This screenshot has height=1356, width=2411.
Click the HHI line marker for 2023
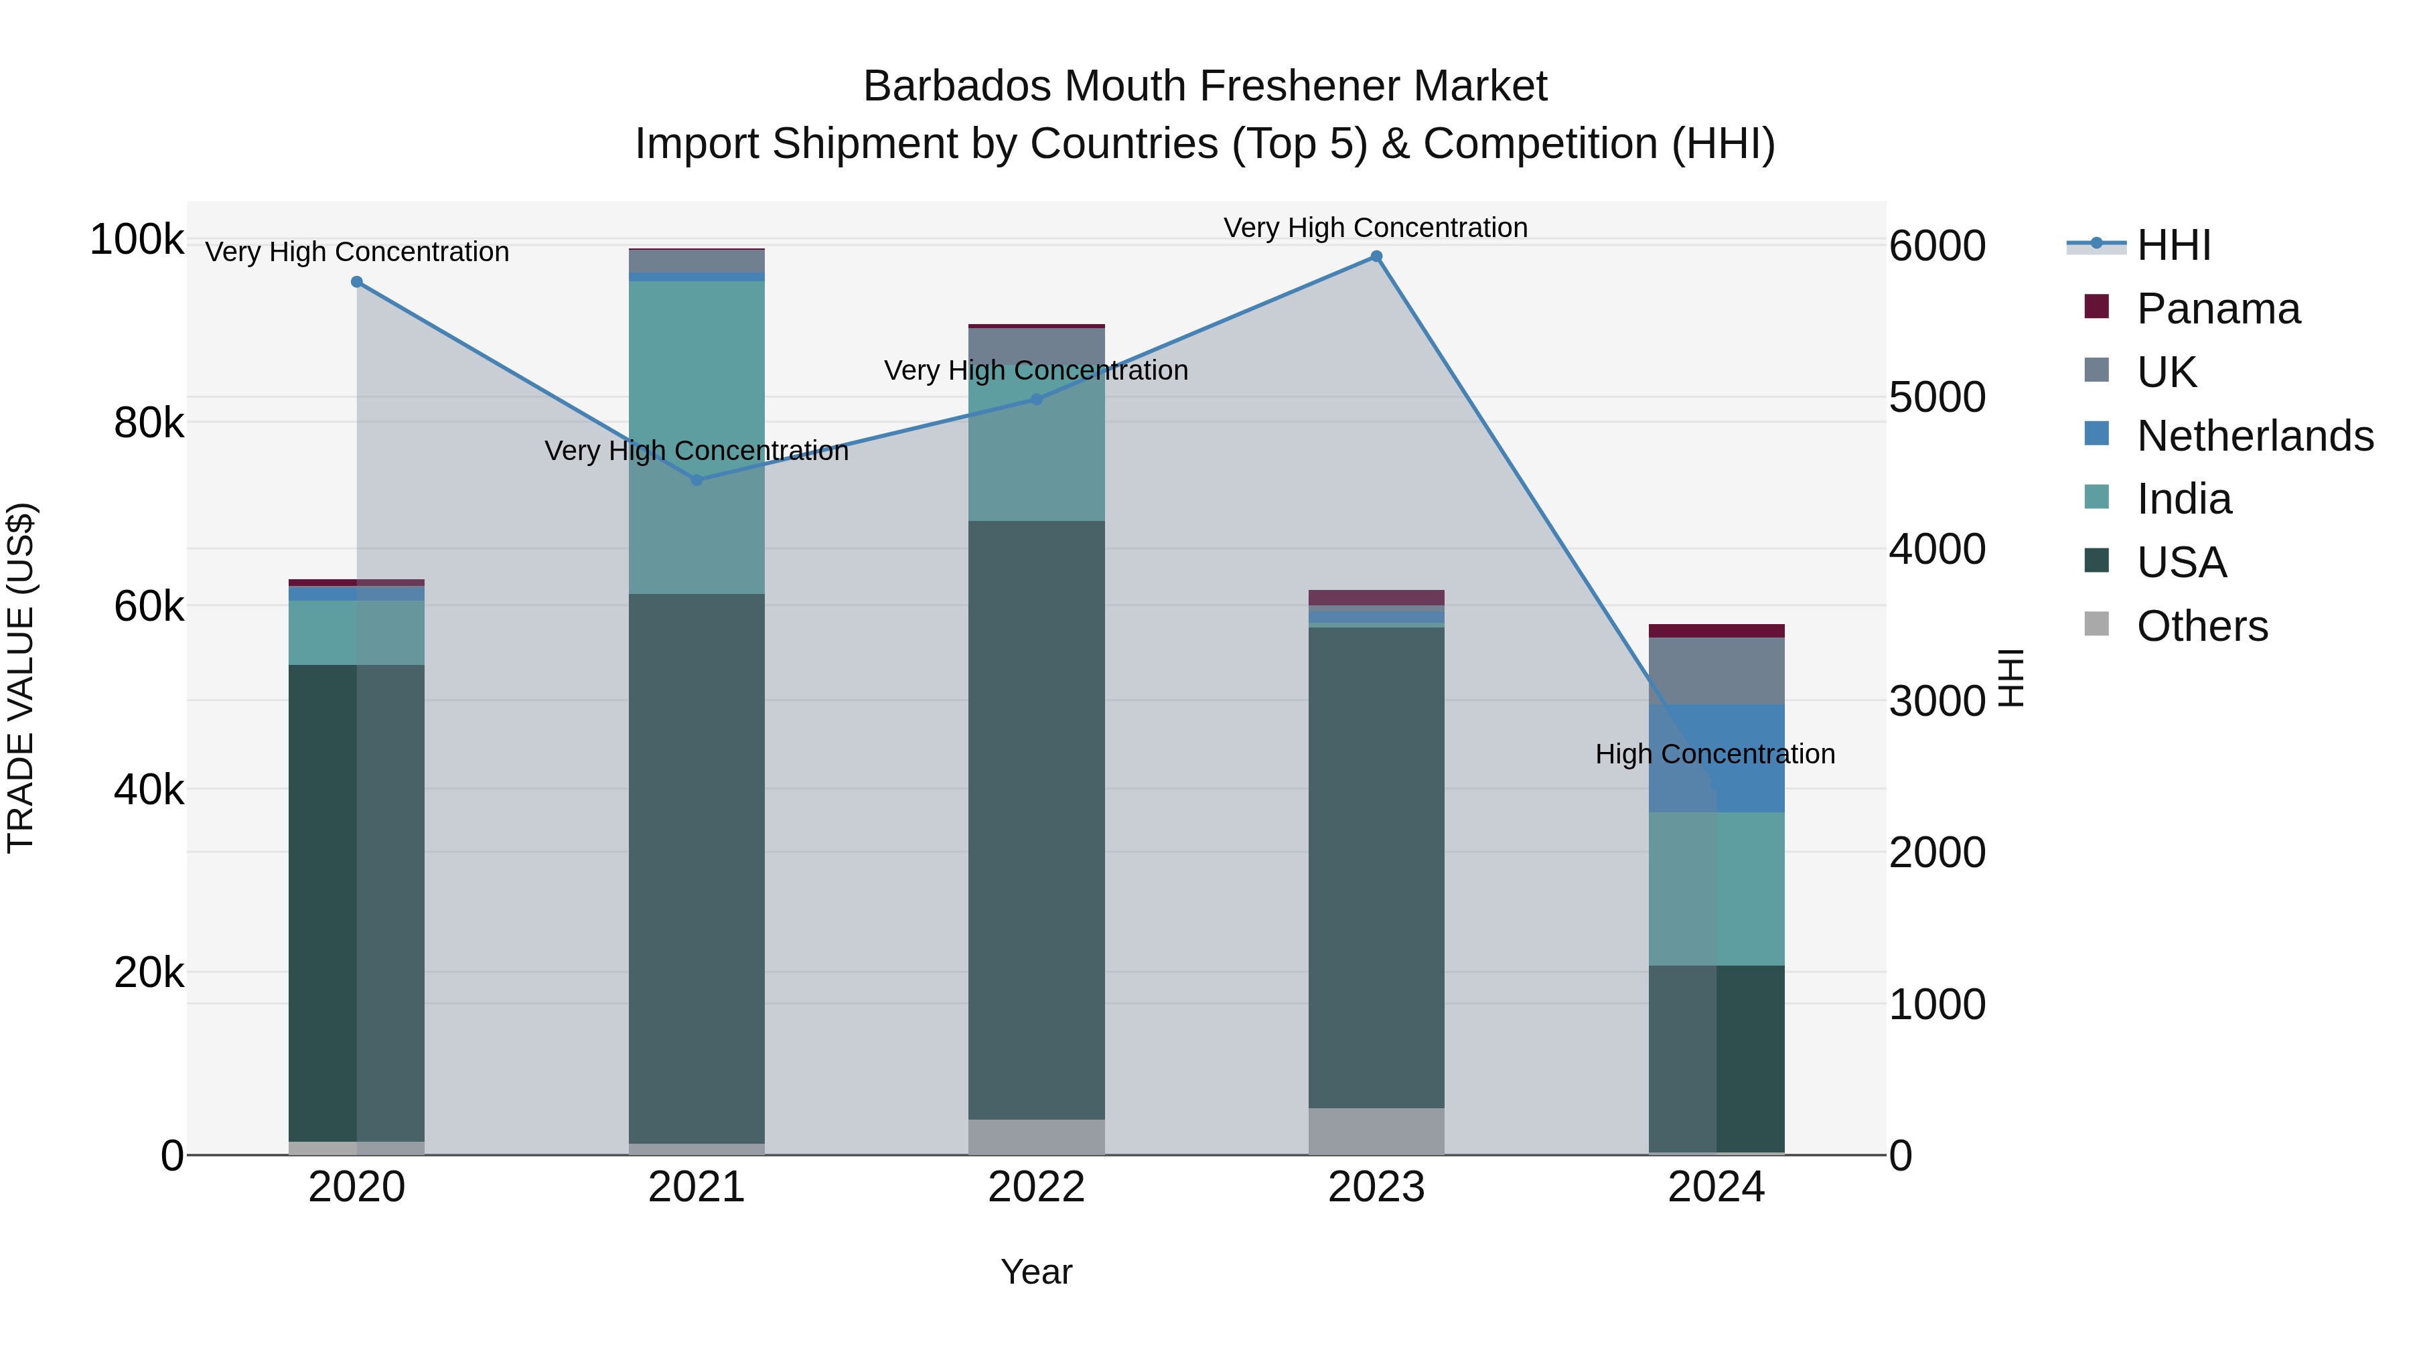pyautogui.click(x=1376, y=256)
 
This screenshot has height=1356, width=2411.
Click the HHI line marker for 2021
pyautogui.click(x=697, y=480)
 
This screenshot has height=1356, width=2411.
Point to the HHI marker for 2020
pyautogui.click(x=356, y=282)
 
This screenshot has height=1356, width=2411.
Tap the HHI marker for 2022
pyautogui.click(x=1036, y=400)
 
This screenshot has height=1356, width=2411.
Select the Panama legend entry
pyautogui.click(x=2217, y=309)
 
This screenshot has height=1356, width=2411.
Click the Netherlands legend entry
pyautogui.click(x=2254, y=436)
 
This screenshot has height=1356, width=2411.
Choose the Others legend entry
pyautogui.click(x=2201, y=626)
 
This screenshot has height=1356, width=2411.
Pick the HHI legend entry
pyautogui.click(x=2173, y=245)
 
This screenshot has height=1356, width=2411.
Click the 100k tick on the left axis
pyautogui.click(x=137, y=240)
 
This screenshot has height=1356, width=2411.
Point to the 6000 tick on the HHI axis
pyautogui.click(x=1936, y=246)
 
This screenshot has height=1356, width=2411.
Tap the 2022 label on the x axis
pyautogui.click(x=1036, y=1187)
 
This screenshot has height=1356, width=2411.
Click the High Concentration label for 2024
pyautogui.click(x=1714, y=754)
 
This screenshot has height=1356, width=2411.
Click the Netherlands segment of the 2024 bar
pyautogui.click(x=1716, y=758)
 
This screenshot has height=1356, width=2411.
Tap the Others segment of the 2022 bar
pyautogui.click(x=1036, y=1137)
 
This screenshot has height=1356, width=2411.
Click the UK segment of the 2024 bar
pyautogui.click(x=1716, y=671)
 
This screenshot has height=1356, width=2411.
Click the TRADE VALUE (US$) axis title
pyautogui.click(x=21, y=678)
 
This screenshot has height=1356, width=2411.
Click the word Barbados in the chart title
pyautogui.click(x=956, y=86)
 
